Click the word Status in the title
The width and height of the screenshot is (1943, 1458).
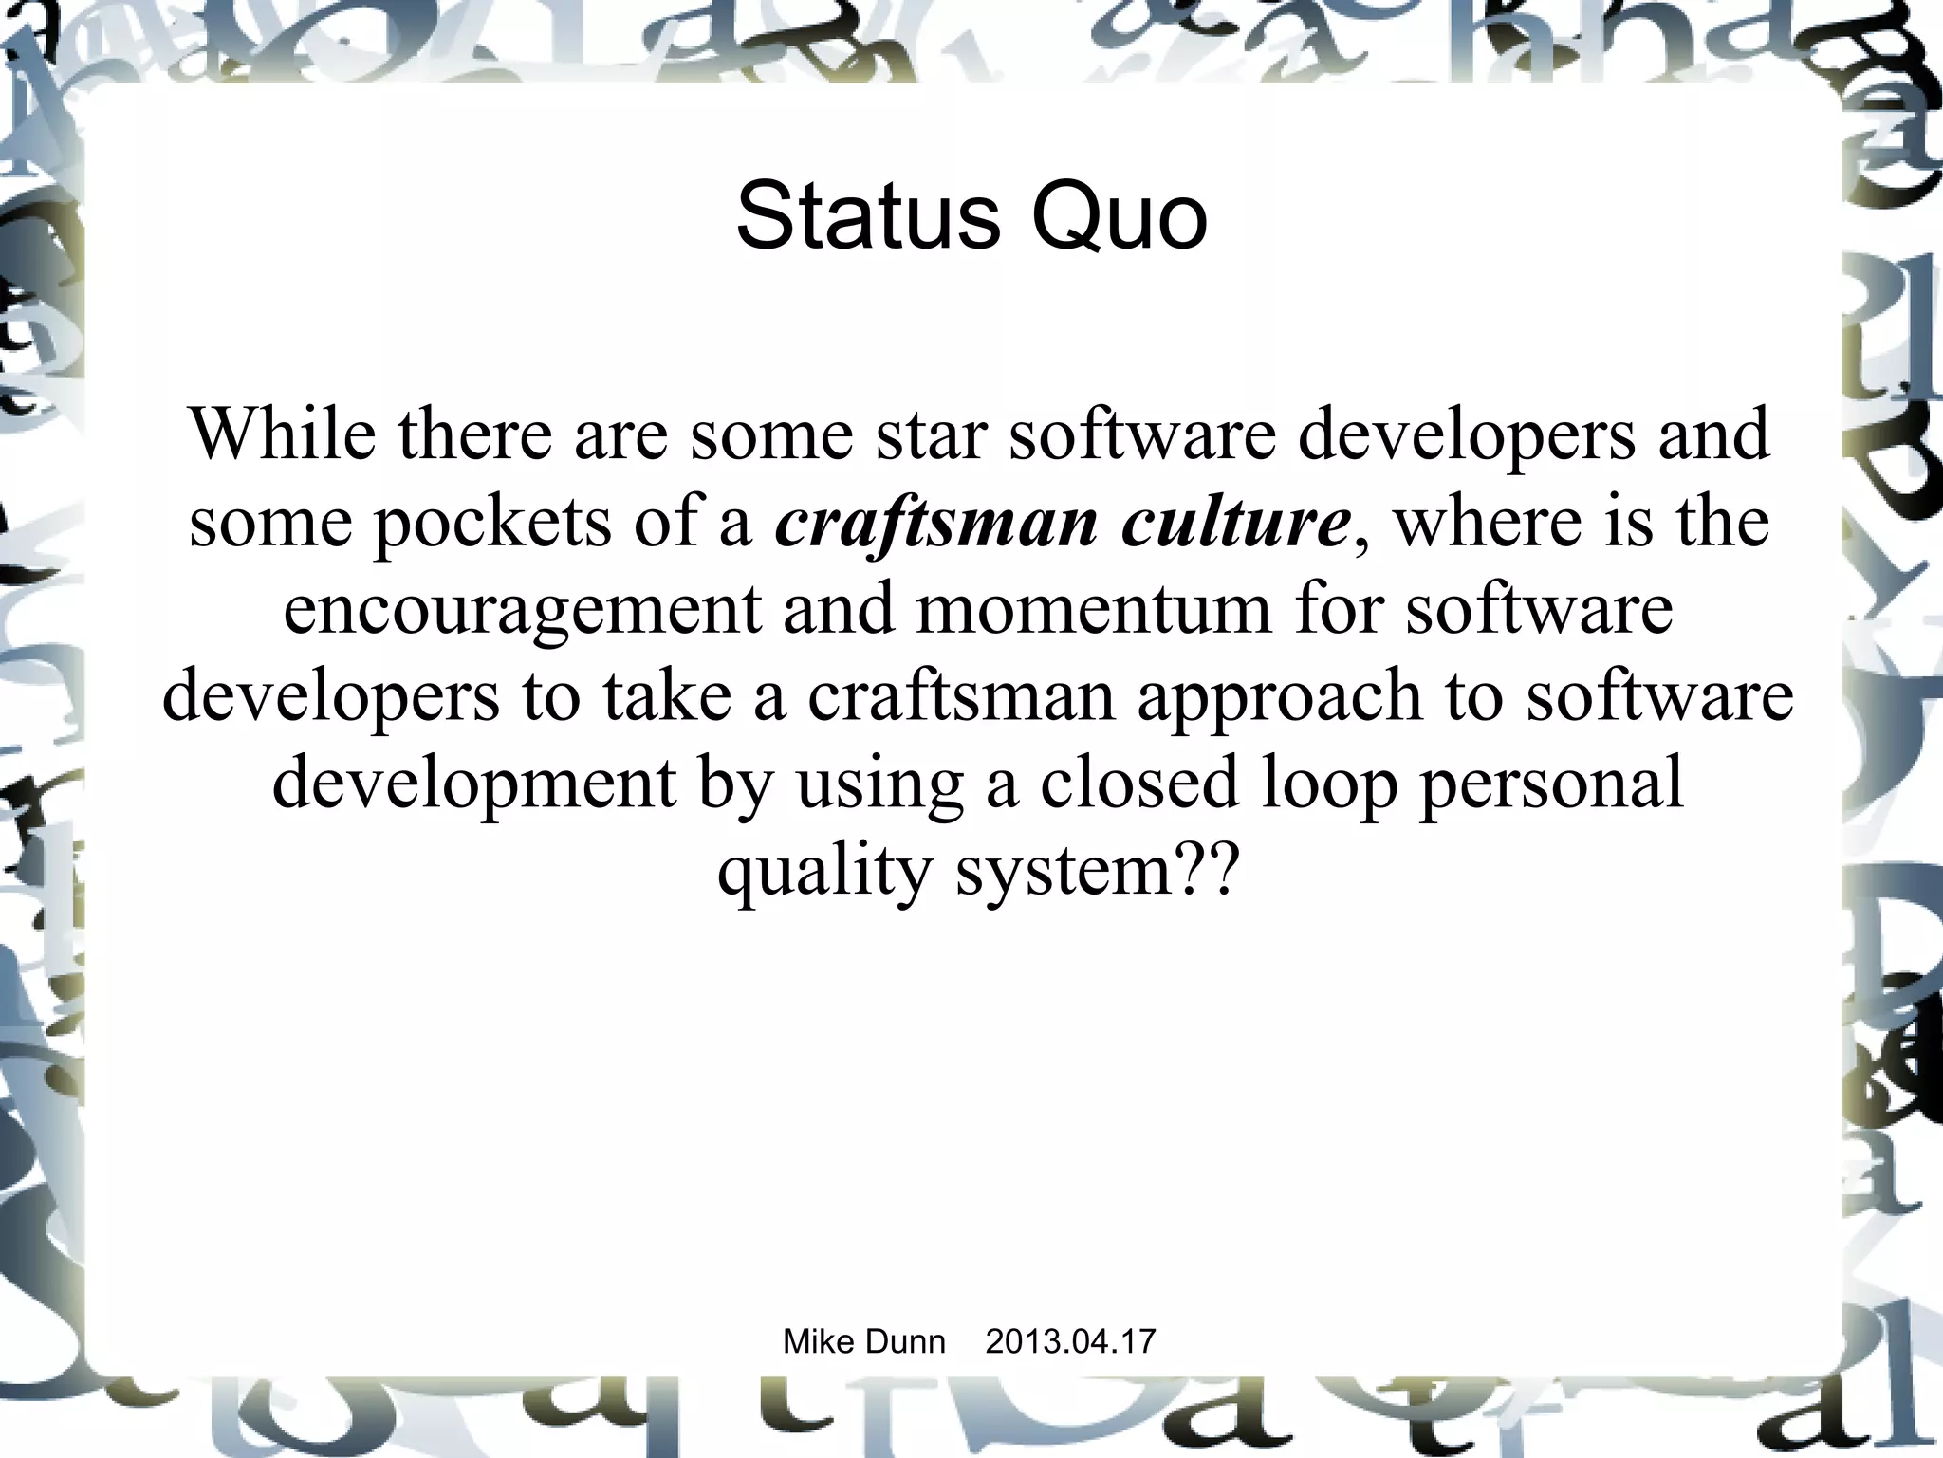coord(868,218)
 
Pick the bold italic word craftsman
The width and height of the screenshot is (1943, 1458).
coord(936,524)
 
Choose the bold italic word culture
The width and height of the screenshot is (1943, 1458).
coord(1235,524)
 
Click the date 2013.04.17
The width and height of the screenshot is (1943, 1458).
coord(1070,1341)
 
